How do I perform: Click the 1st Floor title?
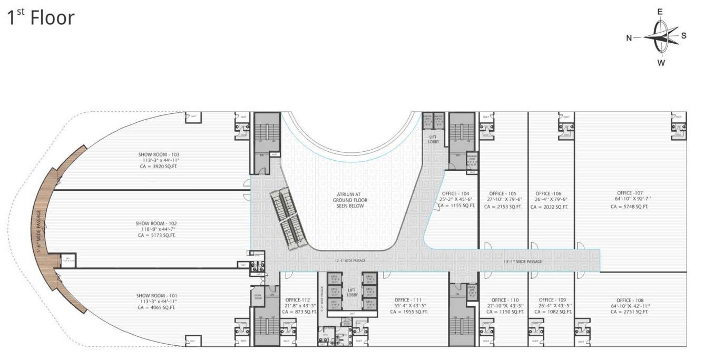pyautogui.click(x=41, y=18)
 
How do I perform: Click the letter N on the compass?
pyautogui.click(x=629, y=37)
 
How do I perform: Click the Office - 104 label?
pyautogui.click(x=457, y=193)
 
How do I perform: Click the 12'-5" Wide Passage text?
pyautogui.click(x=350, y=260)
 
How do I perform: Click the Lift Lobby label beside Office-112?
pyautogui.click(x=353, y=291)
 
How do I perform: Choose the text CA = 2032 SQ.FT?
pyautogui.click(x=549, y=207)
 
